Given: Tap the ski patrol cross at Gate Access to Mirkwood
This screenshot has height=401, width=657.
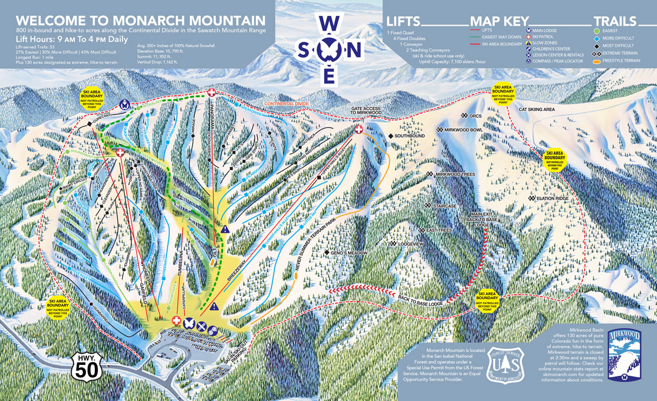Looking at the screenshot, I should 359,129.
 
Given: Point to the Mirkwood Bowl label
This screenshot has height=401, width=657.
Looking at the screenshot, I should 459,130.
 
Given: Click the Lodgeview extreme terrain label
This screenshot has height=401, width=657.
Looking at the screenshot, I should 411,243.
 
